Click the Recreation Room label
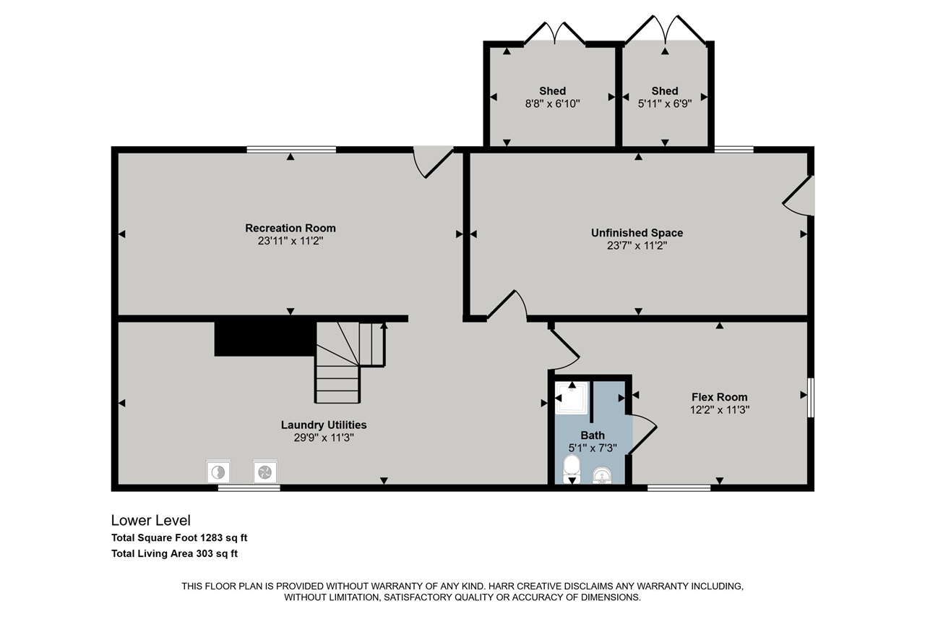pyautogui.click(x=290, y=228)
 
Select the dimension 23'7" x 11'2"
pyautogui.click(x=637, y=245)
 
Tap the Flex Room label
pyautogui.click(x=719, y=396)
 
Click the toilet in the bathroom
pyautogui.click(x=572, y=467)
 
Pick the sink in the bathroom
pyautogui.click(x=601, y=475)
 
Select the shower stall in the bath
pyautogui.click(x=572, y=397)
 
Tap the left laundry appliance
pyautogui.click(x=218, y=472)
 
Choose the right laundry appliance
pyautogui.click(x=264, y=472)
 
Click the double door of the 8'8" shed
pyautogui.click(x=554, y=33)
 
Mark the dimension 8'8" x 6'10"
pyautogui.click(x=552, y=103)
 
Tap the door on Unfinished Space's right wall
pyautogui.click(x=799, y=196)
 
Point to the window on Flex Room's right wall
pyautogui.click(x=811, y=397)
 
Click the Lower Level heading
pyautogui.click(x=150, y=520)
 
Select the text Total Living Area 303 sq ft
pyautogui.click(x=174, y=554)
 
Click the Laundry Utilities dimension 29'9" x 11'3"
pyautogui.click(x=323, y=437)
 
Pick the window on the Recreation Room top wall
pyautogui.click(x=291, y=150)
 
